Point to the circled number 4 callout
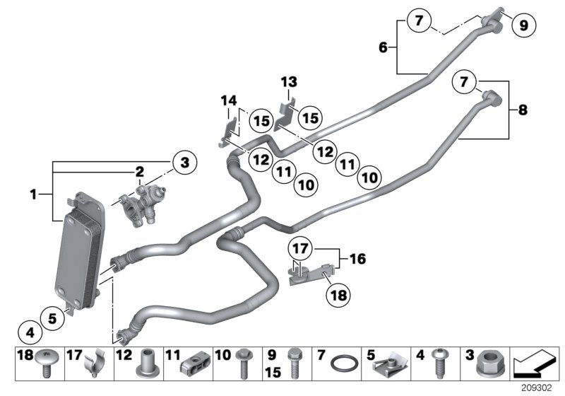[30, 330]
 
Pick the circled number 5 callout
[52, 318]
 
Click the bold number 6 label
[383, 47]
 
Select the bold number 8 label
[523, 110]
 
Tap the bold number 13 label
[288, 82]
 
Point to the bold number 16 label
[357, 260]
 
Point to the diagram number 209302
[542, 388]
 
